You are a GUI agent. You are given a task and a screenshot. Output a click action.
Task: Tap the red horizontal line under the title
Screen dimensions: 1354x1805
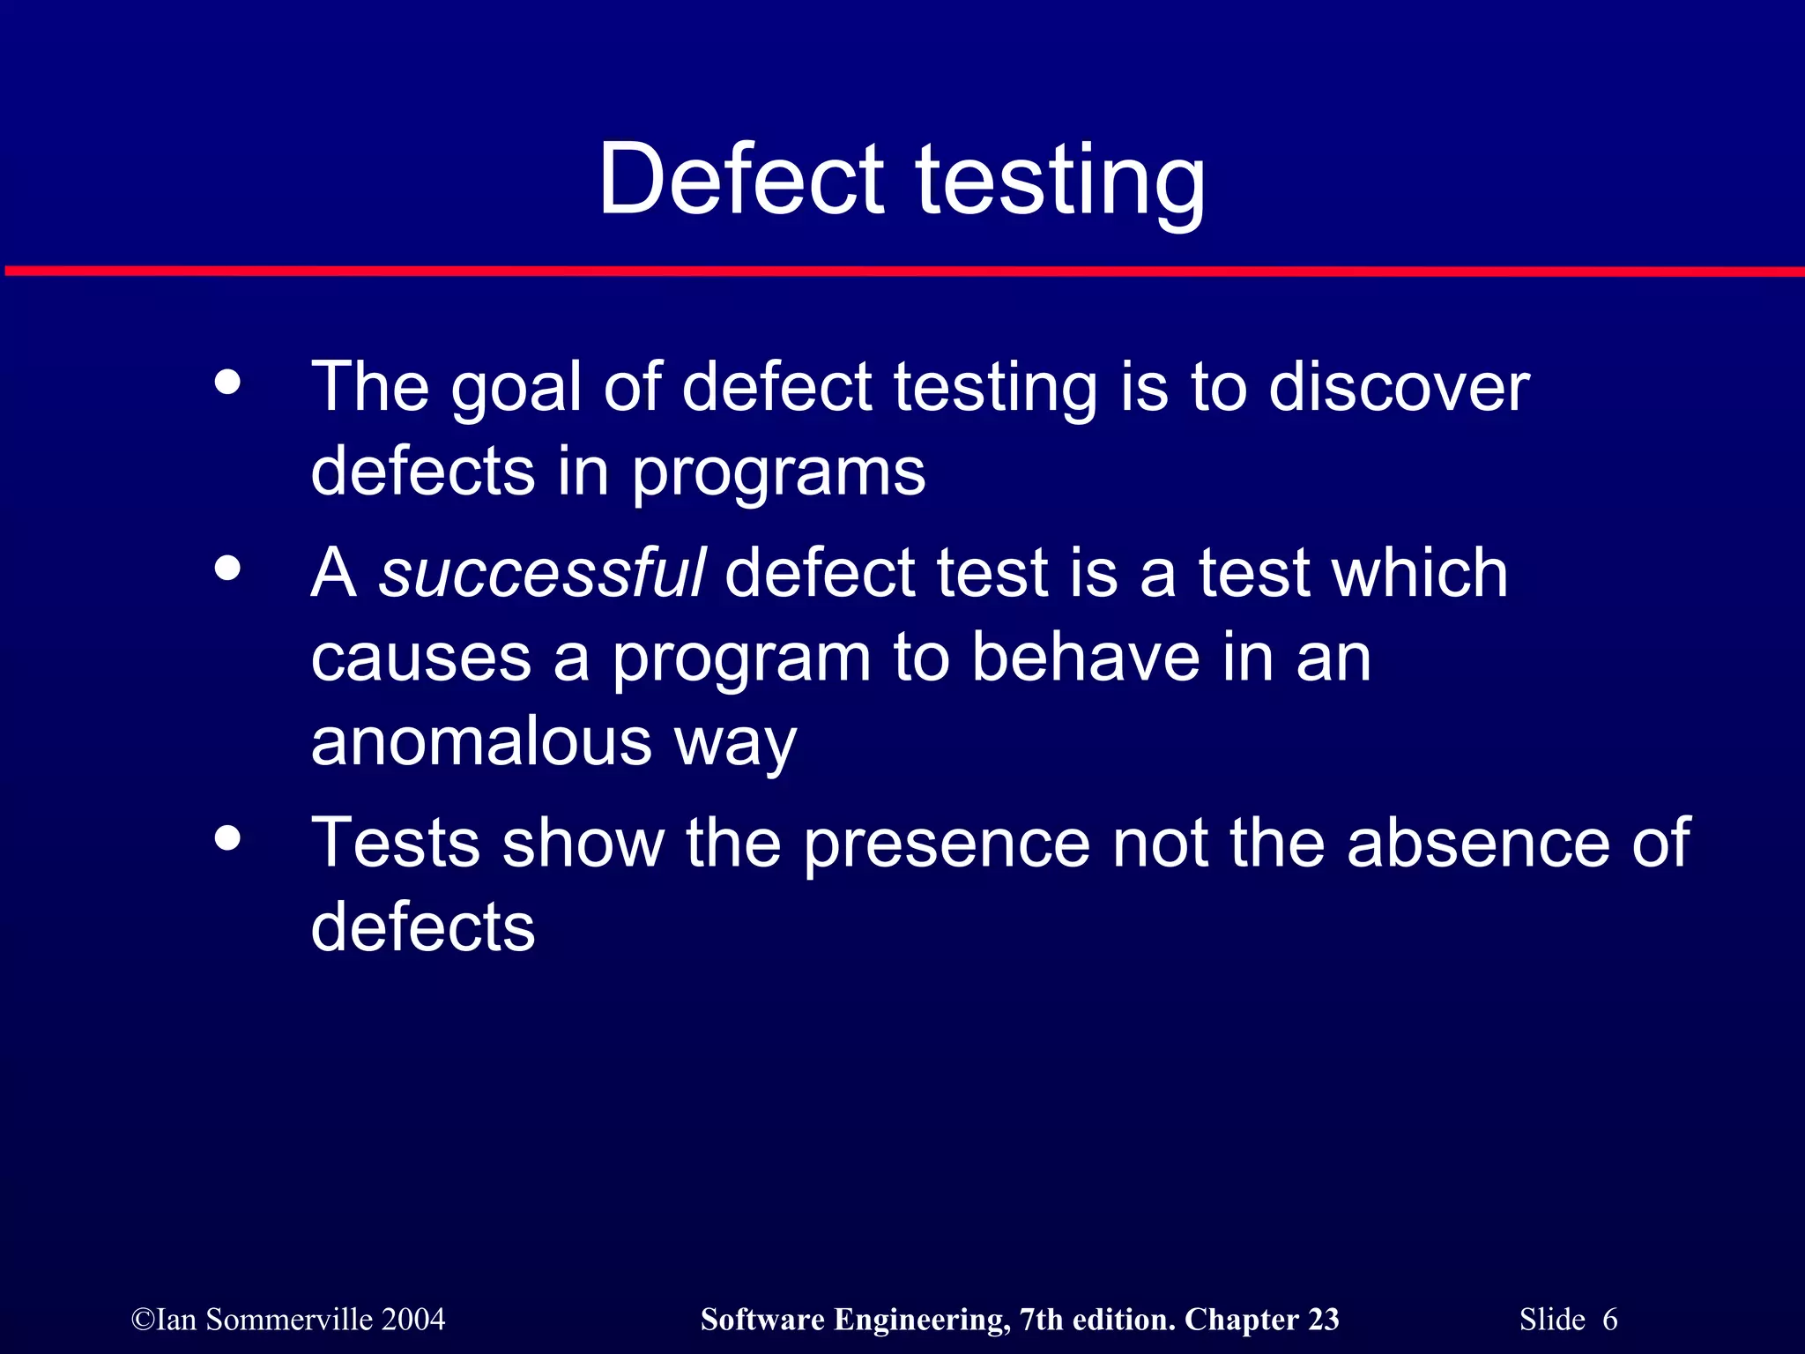tap(902, 271)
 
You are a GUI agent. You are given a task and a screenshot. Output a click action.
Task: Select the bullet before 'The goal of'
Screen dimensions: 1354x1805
tap(227, 383)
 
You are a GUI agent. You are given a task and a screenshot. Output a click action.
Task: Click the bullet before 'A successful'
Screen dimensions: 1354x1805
tap(227, 569)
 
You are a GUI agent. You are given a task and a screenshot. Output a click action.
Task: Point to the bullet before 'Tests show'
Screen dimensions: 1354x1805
tap(227, 838)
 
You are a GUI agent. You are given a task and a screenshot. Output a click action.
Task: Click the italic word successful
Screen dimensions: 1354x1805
tap(541, 573)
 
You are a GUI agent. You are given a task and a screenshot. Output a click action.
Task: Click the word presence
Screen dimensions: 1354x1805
tap(947, 844)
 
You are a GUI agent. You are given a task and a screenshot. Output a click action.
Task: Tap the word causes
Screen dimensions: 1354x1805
tap(421, 659)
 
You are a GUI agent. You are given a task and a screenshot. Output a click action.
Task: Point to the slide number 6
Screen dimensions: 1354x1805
tap(1609, 1320)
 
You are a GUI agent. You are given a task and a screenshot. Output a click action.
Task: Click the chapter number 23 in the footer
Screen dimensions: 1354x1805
tap(1323, 1320)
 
